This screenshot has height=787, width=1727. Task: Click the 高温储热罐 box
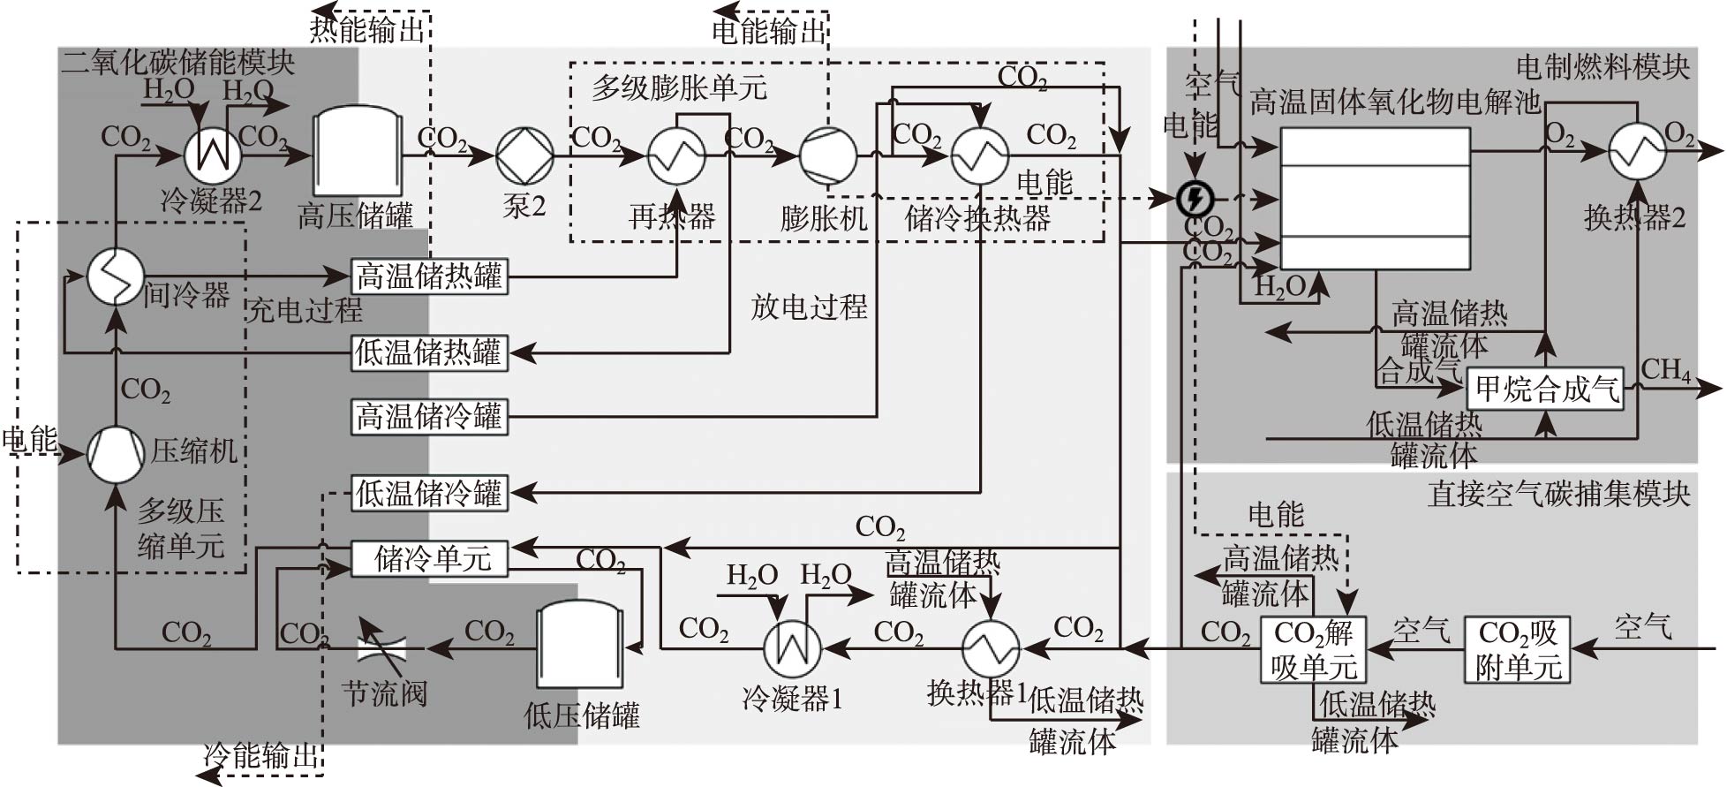point(429,276)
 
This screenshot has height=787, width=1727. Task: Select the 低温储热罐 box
point(429,352)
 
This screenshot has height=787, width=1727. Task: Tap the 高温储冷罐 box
point(429,416)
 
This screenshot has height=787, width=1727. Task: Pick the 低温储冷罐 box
point(429,493)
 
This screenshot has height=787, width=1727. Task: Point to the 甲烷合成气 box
point(1545,389)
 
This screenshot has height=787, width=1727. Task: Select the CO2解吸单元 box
point(1313,650)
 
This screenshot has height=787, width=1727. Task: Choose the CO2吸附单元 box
point(1518,650)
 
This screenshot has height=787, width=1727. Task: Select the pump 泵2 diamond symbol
point(524,155)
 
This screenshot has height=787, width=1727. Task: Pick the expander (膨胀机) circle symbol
point(827,155)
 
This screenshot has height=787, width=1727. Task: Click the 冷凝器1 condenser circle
point(791,649)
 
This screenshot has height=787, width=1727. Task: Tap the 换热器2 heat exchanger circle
point(1636,151)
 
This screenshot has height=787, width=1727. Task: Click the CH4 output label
point(1665,369)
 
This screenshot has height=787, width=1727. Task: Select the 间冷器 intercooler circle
point(116,276)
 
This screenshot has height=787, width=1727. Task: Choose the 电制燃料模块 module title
point(1603,67)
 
